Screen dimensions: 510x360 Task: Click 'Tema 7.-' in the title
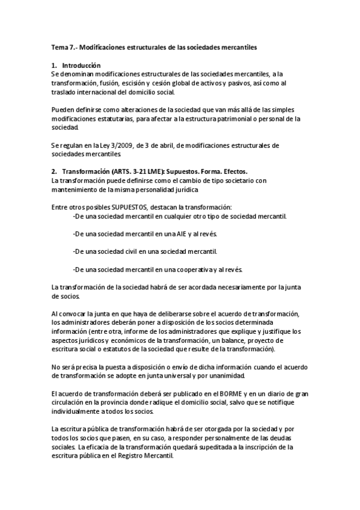[x=63, y=46]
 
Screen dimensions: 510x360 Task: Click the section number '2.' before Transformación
[x=54, y=171]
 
